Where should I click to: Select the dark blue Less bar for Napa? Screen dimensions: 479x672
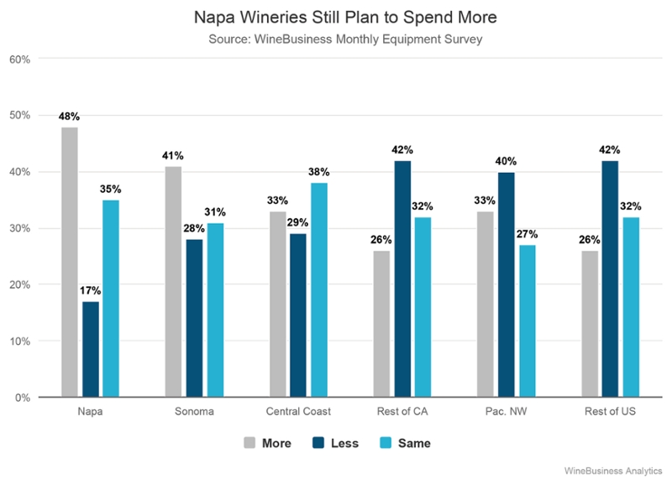(x=90, y=349)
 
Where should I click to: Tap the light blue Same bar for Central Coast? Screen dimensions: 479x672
(x=319, y=289)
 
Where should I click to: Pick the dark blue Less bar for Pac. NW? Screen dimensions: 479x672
(x=506, y=284)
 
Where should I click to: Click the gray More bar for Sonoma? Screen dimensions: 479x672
(x=173, y=281)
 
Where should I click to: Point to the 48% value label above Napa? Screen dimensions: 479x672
(x=69, y=117)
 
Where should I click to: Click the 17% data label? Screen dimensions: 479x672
(x=90, y=291)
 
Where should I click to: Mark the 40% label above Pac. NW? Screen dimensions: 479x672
(x=506, y=162)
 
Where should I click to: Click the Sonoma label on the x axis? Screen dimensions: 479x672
(x=194, y=412)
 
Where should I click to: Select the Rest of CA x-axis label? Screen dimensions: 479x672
(x=402, y=412)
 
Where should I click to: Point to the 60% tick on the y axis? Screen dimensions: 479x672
(x=20, y=60)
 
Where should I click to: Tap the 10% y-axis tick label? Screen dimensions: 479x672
(x=20, y=341)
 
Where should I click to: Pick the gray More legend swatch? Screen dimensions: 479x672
(x=250, y=442)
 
